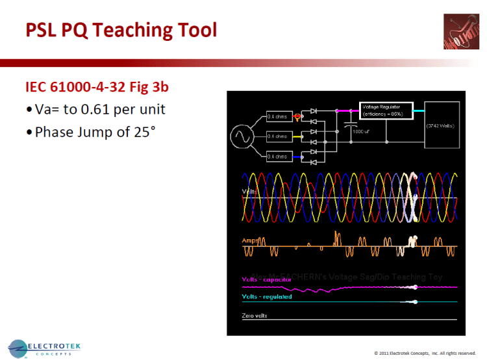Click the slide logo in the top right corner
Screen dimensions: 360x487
click(462, 32)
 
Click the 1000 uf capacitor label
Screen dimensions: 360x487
click(362, 131)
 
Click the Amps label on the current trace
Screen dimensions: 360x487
click(250, 240)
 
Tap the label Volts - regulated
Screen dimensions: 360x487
click(267, 297)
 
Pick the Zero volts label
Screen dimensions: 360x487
click(255, 316)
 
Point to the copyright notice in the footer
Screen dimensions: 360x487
click(425, 353)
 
